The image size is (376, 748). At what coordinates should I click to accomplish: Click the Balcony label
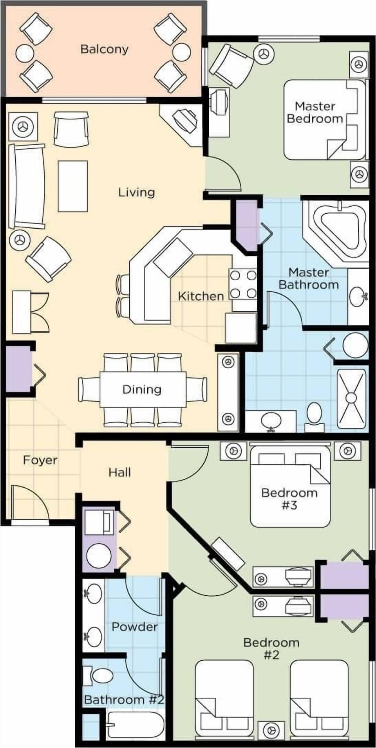(x=104, y=49)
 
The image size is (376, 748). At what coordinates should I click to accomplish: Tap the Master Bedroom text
(x=315, y=112)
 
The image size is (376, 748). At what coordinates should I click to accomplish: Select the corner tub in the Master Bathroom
(x=339, y=231)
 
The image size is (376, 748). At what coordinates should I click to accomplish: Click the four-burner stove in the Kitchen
(x=243, y=284)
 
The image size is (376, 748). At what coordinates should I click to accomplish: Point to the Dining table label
(x=142, y=389)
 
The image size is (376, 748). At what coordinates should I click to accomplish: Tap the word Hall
(x=119, y=472)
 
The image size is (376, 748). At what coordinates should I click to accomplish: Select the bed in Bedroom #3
(x=290, y=487)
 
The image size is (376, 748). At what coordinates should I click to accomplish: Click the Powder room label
(x=134, y=627)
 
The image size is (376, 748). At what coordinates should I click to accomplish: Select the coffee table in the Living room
(x=72, y=186)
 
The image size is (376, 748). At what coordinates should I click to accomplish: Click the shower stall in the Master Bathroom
(x=351, y=398)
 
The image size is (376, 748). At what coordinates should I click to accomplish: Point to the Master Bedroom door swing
(x=223, y=173)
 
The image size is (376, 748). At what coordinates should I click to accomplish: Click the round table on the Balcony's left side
(x=24, y=53)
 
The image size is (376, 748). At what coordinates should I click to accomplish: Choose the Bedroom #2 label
(x=271, y=648)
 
